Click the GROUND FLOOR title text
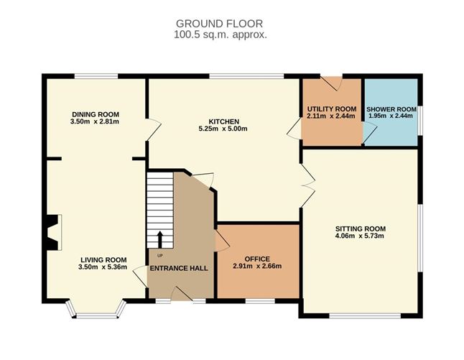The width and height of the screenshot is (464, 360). (219, 24)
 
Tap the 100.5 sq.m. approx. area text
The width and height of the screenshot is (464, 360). (221, 34)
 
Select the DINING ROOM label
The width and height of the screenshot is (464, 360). (96, 114)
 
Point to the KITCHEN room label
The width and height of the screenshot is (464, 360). (224, 121)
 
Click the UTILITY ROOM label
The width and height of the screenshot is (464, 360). (332, 109)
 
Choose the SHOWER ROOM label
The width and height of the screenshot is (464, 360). (391, 109)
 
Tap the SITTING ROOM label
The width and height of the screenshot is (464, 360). (361, 229)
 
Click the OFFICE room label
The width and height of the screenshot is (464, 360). (257, 259)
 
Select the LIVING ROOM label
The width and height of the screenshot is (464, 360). (103, 260)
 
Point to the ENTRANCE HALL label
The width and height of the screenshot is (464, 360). (179, 269)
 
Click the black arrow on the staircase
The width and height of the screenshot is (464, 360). (160, 239)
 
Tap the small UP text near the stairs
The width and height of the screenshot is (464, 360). (159, 256)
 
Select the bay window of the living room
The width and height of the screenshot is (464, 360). (96, 311)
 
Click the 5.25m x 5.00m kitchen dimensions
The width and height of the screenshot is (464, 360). (223, 129)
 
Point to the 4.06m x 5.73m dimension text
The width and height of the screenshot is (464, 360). (360, 236)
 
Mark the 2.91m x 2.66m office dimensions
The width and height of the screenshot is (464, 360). (257, 266)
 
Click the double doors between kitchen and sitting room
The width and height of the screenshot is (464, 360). (308, 185)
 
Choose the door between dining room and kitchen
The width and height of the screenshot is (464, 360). (154, 129)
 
